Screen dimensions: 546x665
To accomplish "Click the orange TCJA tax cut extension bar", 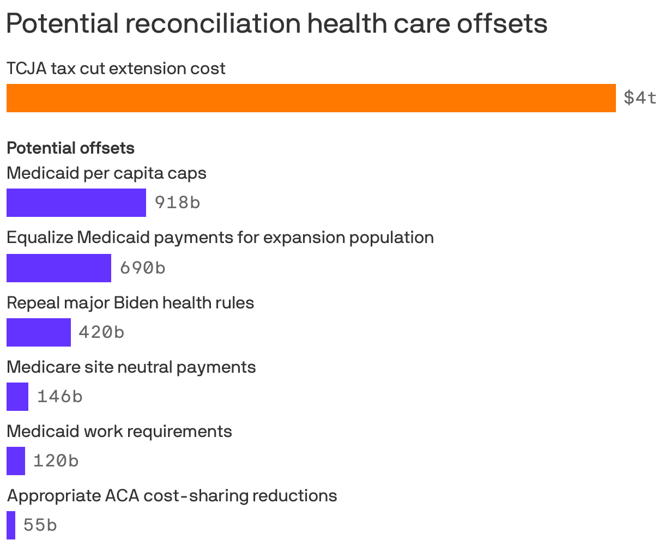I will coord(311,98).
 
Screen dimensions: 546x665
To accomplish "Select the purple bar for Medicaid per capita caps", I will coord(76,203).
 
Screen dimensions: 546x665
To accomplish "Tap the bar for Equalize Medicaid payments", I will coord(59,268).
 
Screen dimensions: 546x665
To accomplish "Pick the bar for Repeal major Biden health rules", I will coord(39,332).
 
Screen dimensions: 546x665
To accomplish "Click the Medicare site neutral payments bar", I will coord(17,396).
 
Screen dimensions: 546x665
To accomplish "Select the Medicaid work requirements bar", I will coord(16,460).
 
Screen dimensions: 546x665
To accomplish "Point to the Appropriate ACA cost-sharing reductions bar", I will coord(11,525).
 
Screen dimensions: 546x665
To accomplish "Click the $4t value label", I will coord(640,98).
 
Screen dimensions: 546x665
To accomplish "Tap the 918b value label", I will coord(177,203).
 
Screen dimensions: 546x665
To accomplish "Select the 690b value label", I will coord(142,268).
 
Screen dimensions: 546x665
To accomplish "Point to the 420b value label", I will coord(101,332).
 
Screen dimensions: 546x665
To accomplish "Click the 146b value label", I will coord(59,396).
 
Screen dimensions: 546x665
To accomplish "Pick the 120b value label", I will coord(56,460).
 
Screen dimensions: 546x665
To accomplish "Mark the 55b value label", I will coord(40,525).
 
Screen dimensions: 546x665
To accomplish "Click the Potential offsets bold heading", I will coord(70,148).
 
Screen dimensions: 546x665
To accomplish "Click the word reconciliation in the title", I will coord(211,23).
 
